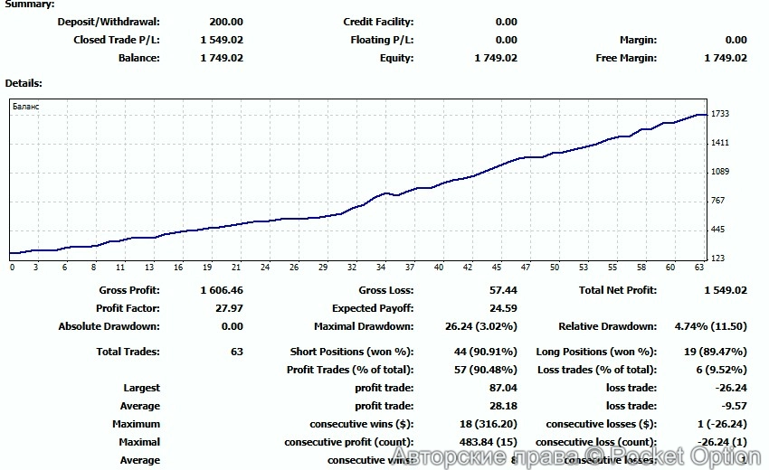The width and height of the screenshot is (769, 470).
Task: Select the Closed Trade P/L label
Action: coord(116,40)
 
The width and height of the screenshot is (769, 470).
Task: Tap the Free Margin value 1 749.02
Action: coord(726,58)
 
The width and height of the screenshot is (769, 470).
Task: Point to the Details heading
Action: coord(24,83)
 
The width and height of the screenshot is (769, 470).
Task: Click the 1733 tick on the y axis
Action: coord(720,114)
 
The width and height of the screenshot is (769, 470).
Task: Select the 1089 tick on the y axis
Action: coord(720,172)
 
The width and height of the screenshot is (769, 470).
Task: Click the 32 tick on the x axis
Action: coord(351,268)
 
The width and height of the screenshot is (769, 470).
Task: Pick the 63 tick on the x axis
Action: coord(699,268)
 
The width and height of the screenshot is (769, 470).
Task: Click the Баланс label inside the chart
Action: coord(25,107)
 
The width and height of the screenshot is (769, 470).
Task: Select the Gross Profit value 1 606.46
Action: coord(222,290)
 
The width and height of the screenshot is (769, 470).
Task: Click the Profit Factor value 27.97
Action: coord(230,308)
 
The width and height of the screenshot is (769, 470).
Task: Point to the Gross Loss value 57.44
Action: coord(503,290)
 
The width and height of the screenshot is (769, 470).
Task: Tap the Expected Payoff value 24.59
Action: coord(503,308)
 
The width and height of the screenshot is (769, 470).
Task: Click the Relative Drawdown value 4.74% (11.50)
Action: coord(714,326)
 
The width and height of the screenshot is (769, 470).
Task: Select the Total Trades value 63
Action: coord(237,352)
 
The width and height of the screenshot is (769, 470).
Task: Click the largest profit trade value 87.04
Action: coord(503,388)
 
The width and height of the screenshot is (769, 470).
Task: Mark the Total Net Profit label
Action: coord(617,290)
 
